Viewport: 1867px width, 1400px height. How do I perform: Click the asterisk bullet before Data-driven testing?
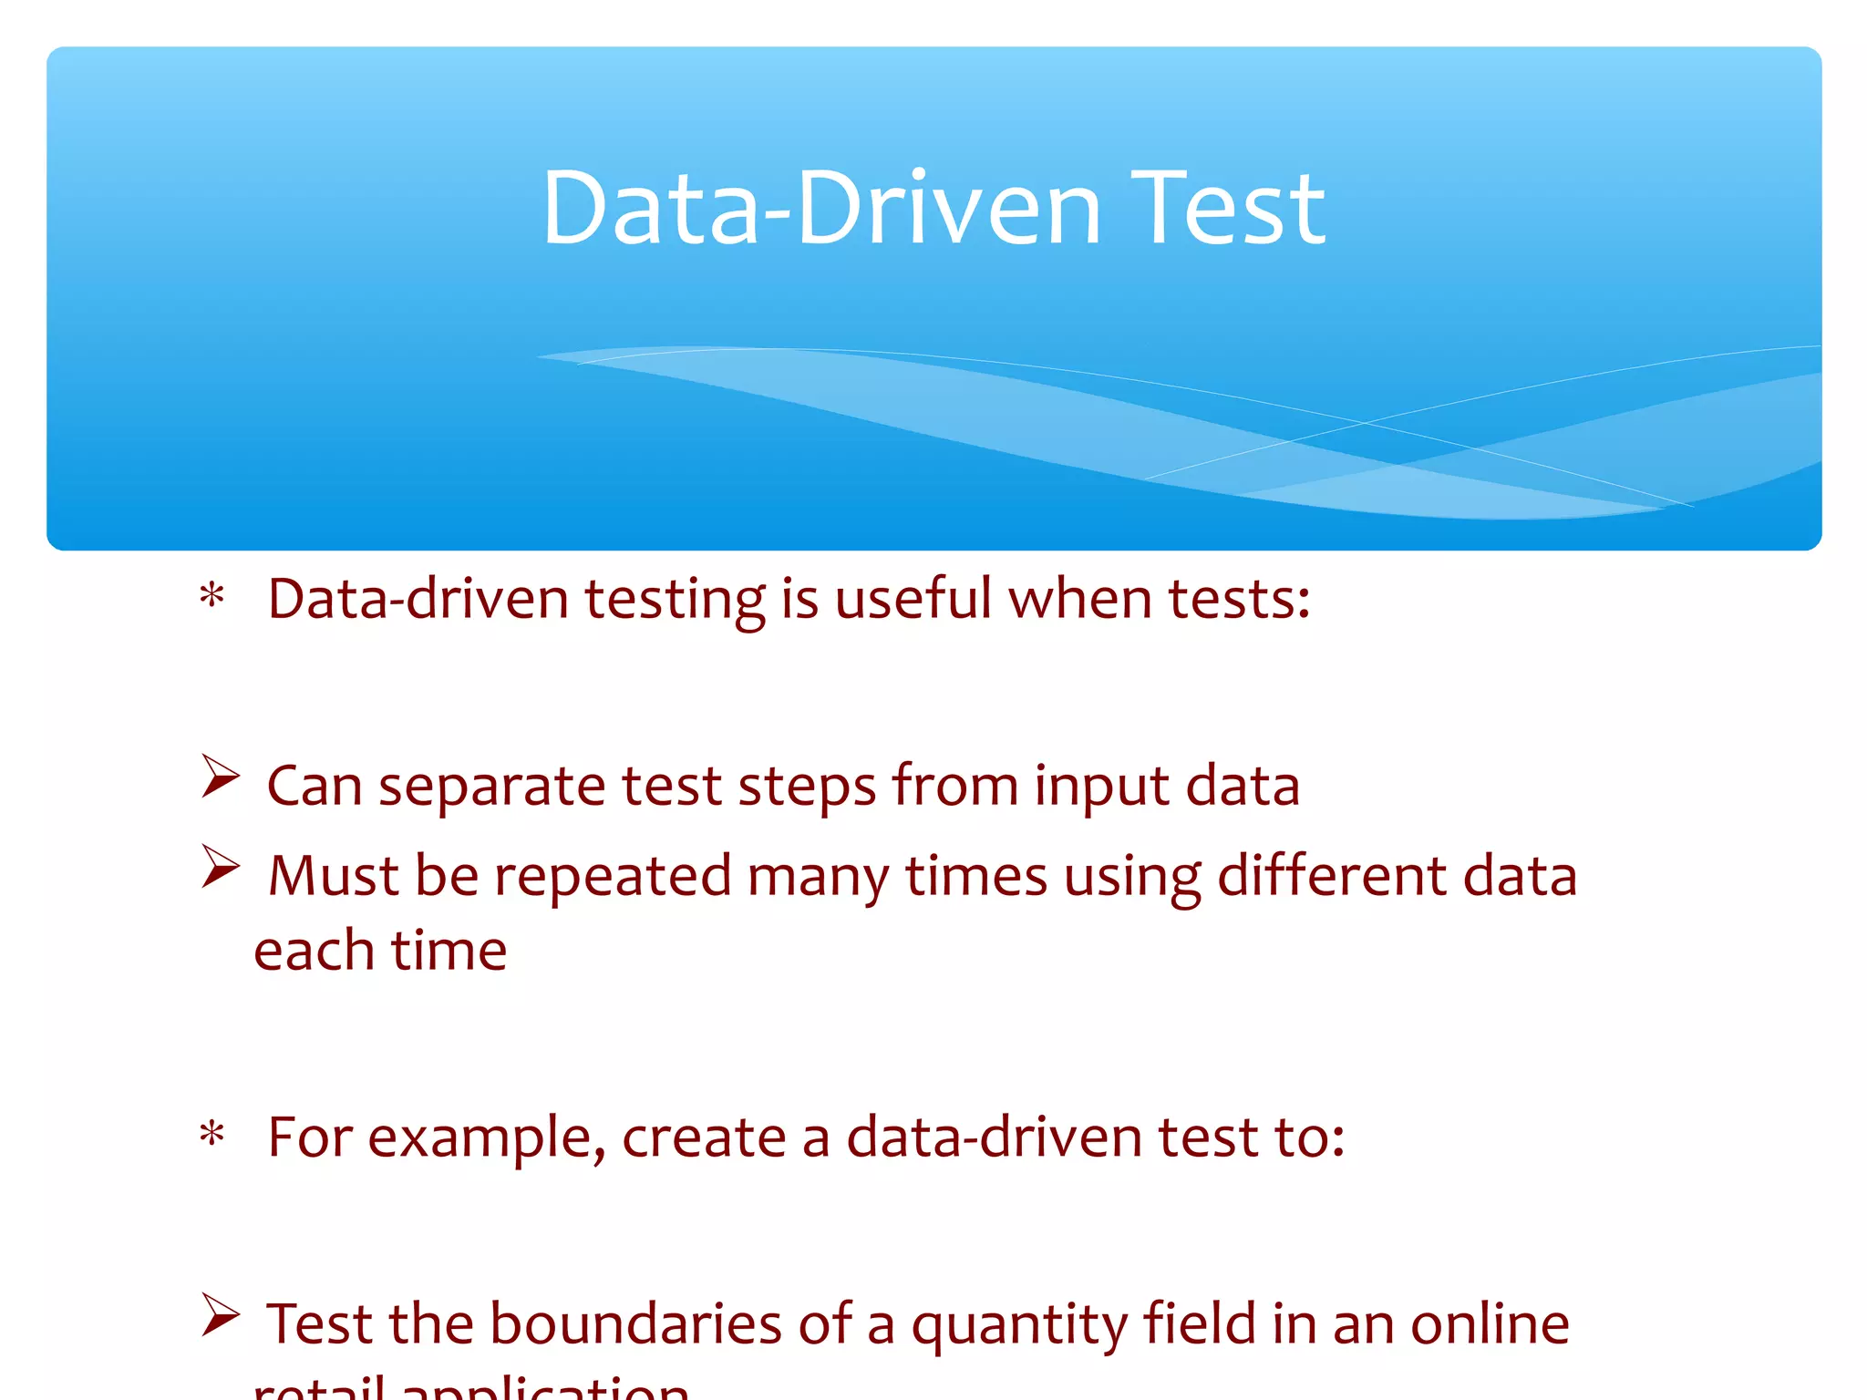[212, 598]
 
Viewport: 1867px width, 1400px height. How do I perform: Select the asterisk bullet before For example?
[212, 1136]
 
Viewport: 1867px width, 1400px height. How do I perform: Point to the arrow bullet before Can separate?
[221, 777]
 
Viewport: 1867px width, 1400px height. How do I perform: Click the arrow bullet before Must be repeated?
[221, 866]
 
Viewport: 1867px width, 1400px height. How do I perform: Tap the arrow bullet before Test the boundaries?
[221, 1314]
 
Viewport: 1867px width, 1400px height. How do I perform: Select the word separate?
[491, 787]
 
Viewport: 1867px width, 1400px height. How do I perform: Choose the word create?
[704, 1137]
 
